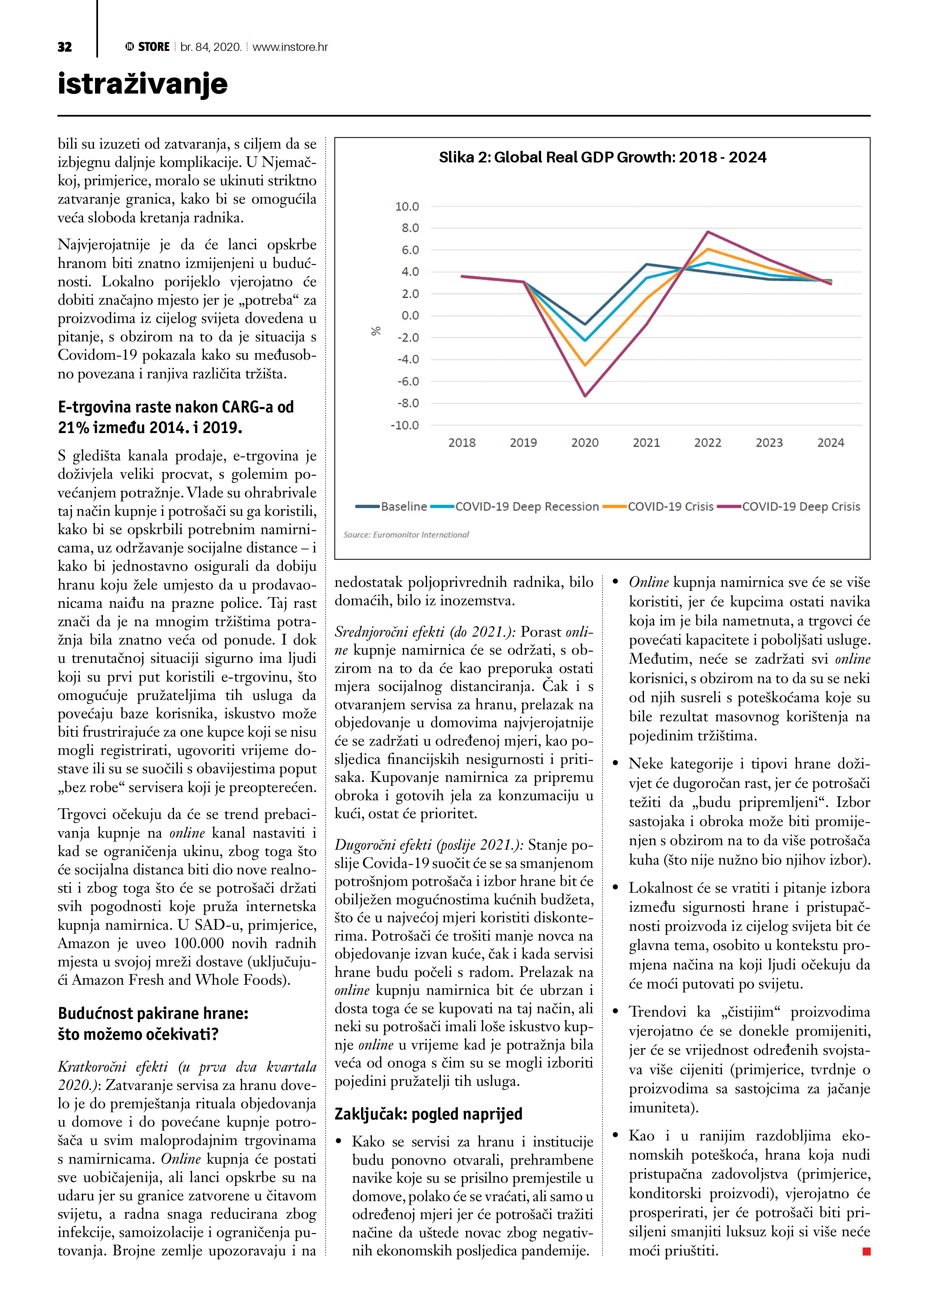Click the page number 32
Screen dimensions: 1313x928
click(65, 47)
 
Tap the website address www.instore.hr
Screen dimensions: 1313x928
click(290, 47)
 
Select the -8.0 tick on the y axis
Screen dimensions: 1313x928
click(407, 403)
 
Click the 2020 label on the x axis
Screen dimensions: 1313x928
click(584, 443)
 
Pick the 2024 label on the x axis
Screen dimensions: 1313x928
click(830, 443)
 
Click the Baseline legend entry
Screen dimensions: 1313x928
click(403, 507)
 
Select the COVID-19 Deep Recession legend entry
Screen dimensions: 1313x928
click(526, 507)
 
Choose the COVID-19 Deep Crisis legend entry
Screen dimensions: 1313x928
click(800, 507)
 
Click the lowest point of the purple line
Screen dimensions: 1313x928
click(585, 396)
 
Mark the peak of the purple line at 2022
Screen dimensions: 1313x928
click(708, 232)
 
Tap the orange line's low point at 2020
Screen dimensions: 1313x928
click(585, 365)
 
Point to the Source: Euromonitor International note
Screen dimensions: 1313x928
click(406, 535)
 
